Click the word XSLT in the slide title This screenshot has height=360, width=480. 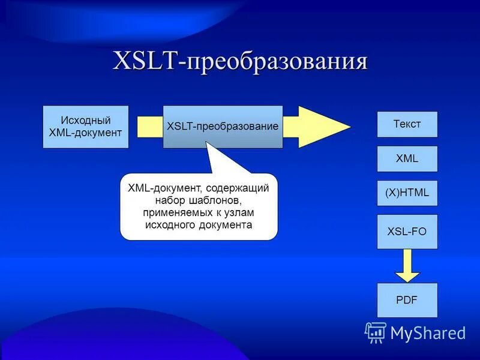pos(148,62)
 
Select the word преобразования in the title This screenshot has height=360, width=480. pos(277,62)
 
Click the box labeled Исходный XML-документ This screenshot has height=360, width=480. pos(86,127)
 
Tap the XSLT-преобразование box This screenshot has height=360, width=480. pos(223,127)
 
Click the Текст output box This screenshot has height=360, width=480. pos(407,124)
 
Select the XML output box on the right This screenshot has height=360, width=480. pos(407,159)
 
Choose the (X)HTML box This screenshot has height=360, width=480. pos(407,193)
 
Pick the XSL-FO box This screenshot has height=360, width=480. pos(407,231)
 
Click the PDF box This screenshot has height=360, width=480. pos(407,299)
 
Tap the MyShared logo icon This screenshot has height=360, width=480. pos(376,332)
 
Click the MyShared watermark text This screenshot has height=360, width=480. pos(428,332)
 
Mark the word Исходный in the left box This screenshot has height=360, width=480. pos(86,120)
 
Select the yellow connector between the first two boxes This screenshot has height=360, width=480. pos(149,127)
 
